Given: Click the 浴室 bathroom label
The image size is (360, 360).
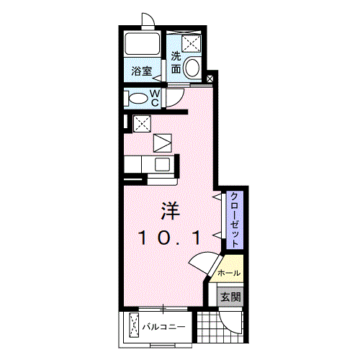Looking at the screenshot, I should pyautogui.click(x=141, y=71).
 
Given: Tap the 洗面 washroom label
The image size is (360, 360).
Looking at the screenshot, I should pyautogui.click(x=176, y=63).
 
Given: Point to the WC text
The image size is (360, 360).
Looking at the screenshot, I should pyautogui.click(x=156, y=96).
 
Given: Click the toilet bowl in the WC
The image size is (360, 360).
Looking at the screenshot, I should pyautogui.click(x=136, y=97).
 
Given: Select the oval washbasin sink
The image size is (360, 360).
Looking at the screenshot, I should pyautogui.click(x=192, y=68).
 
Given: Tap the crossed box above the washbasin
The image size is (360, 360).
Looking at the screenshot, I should pyautogui.click(x=190, y=42).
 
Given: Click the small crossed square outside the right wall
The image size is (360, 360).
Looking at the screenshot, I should pyautogui.click(x=210, y=78).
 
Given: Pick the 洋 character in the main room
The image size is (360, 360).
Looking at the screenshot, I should pyautogui.click(x=170, y=211).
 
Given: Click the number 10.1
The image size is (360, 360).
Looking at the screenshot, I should pyautogui.click(x=170, y=237).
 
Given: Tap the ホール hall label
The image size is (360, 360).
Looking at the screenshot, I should pyautogui.click(x=229, y=273).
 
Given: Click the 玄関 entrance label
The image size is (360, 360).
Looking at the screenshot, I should pyautogui.click(x=230, y=296).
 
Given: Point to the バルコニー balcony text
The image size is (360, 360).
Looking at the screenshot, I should pyautogui.click(x=163, y=327).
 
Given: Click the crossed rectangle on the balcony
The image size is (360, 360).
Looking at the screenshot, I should pyautogui.click(x=134, y=326).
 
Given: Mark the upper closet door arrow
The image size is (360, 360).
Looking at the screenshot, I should pyautogui.click(x=216, y=197).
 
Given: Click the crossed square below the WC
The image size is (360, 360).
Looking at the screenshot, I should pyautogui.click(x=142, y=122).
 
